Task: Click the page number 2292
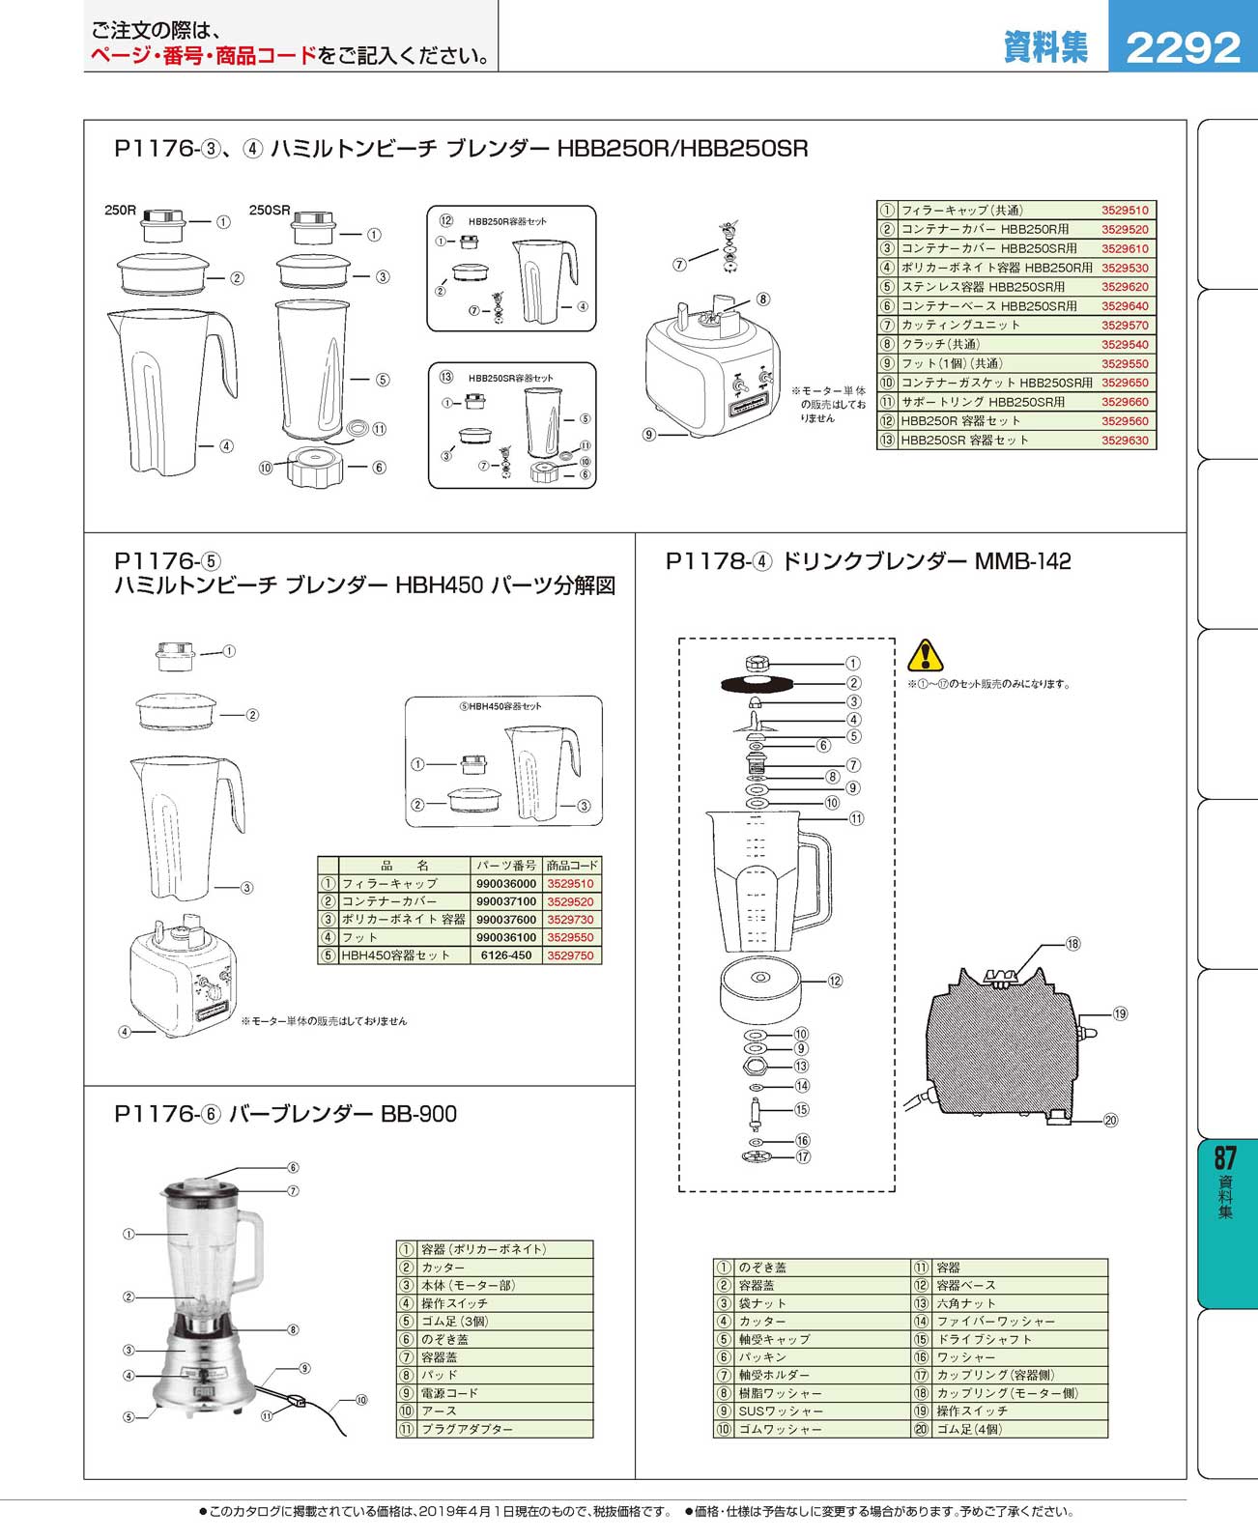coord(1182,47)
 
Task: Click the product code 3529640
coord(1125,305)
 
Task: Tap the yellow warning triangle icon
coord(925,655)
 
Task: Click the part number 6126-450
coord(505,955)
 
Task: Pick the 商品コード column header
coord(572,865)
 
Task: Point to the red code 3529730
coord(571,920)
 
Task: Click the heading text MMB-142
coord(1022,561)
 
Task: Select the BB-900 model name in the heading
coord(418,1114)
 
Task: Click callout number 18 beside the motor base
coord(1072,944)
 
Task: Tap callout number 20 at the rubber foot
coord(1110,1120)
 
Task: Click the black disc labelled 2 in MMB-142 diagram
coord(757,684)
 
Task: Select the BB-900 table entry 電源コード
coord(449,1393)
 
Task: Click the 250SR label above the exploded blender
coord(270,211)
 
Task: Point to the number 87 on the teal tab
coord(1225,1157)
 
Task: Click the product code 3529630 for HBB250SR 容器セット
coord(1125,440)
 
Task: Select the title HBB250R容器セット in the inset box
coord(507,221)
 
